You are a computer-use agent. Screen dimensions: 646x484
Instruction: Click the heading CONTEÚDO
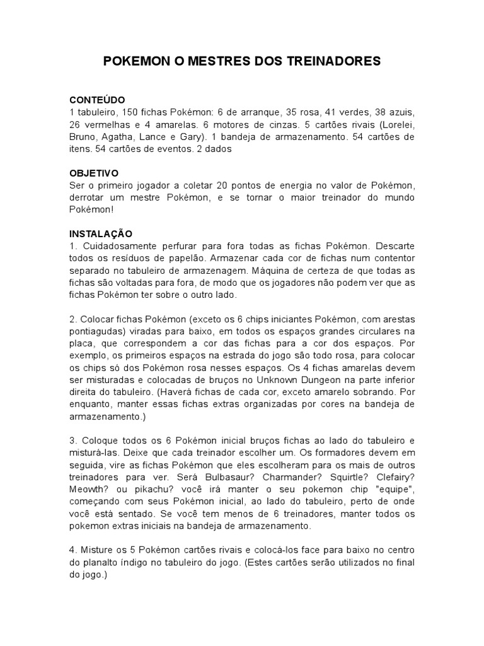(97, 100)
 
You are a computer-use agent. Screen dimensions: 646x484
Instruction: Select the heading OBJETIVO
(94, 173)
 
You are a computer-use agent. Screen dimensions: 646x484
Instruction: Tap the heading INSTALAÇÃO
(101, 233)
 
